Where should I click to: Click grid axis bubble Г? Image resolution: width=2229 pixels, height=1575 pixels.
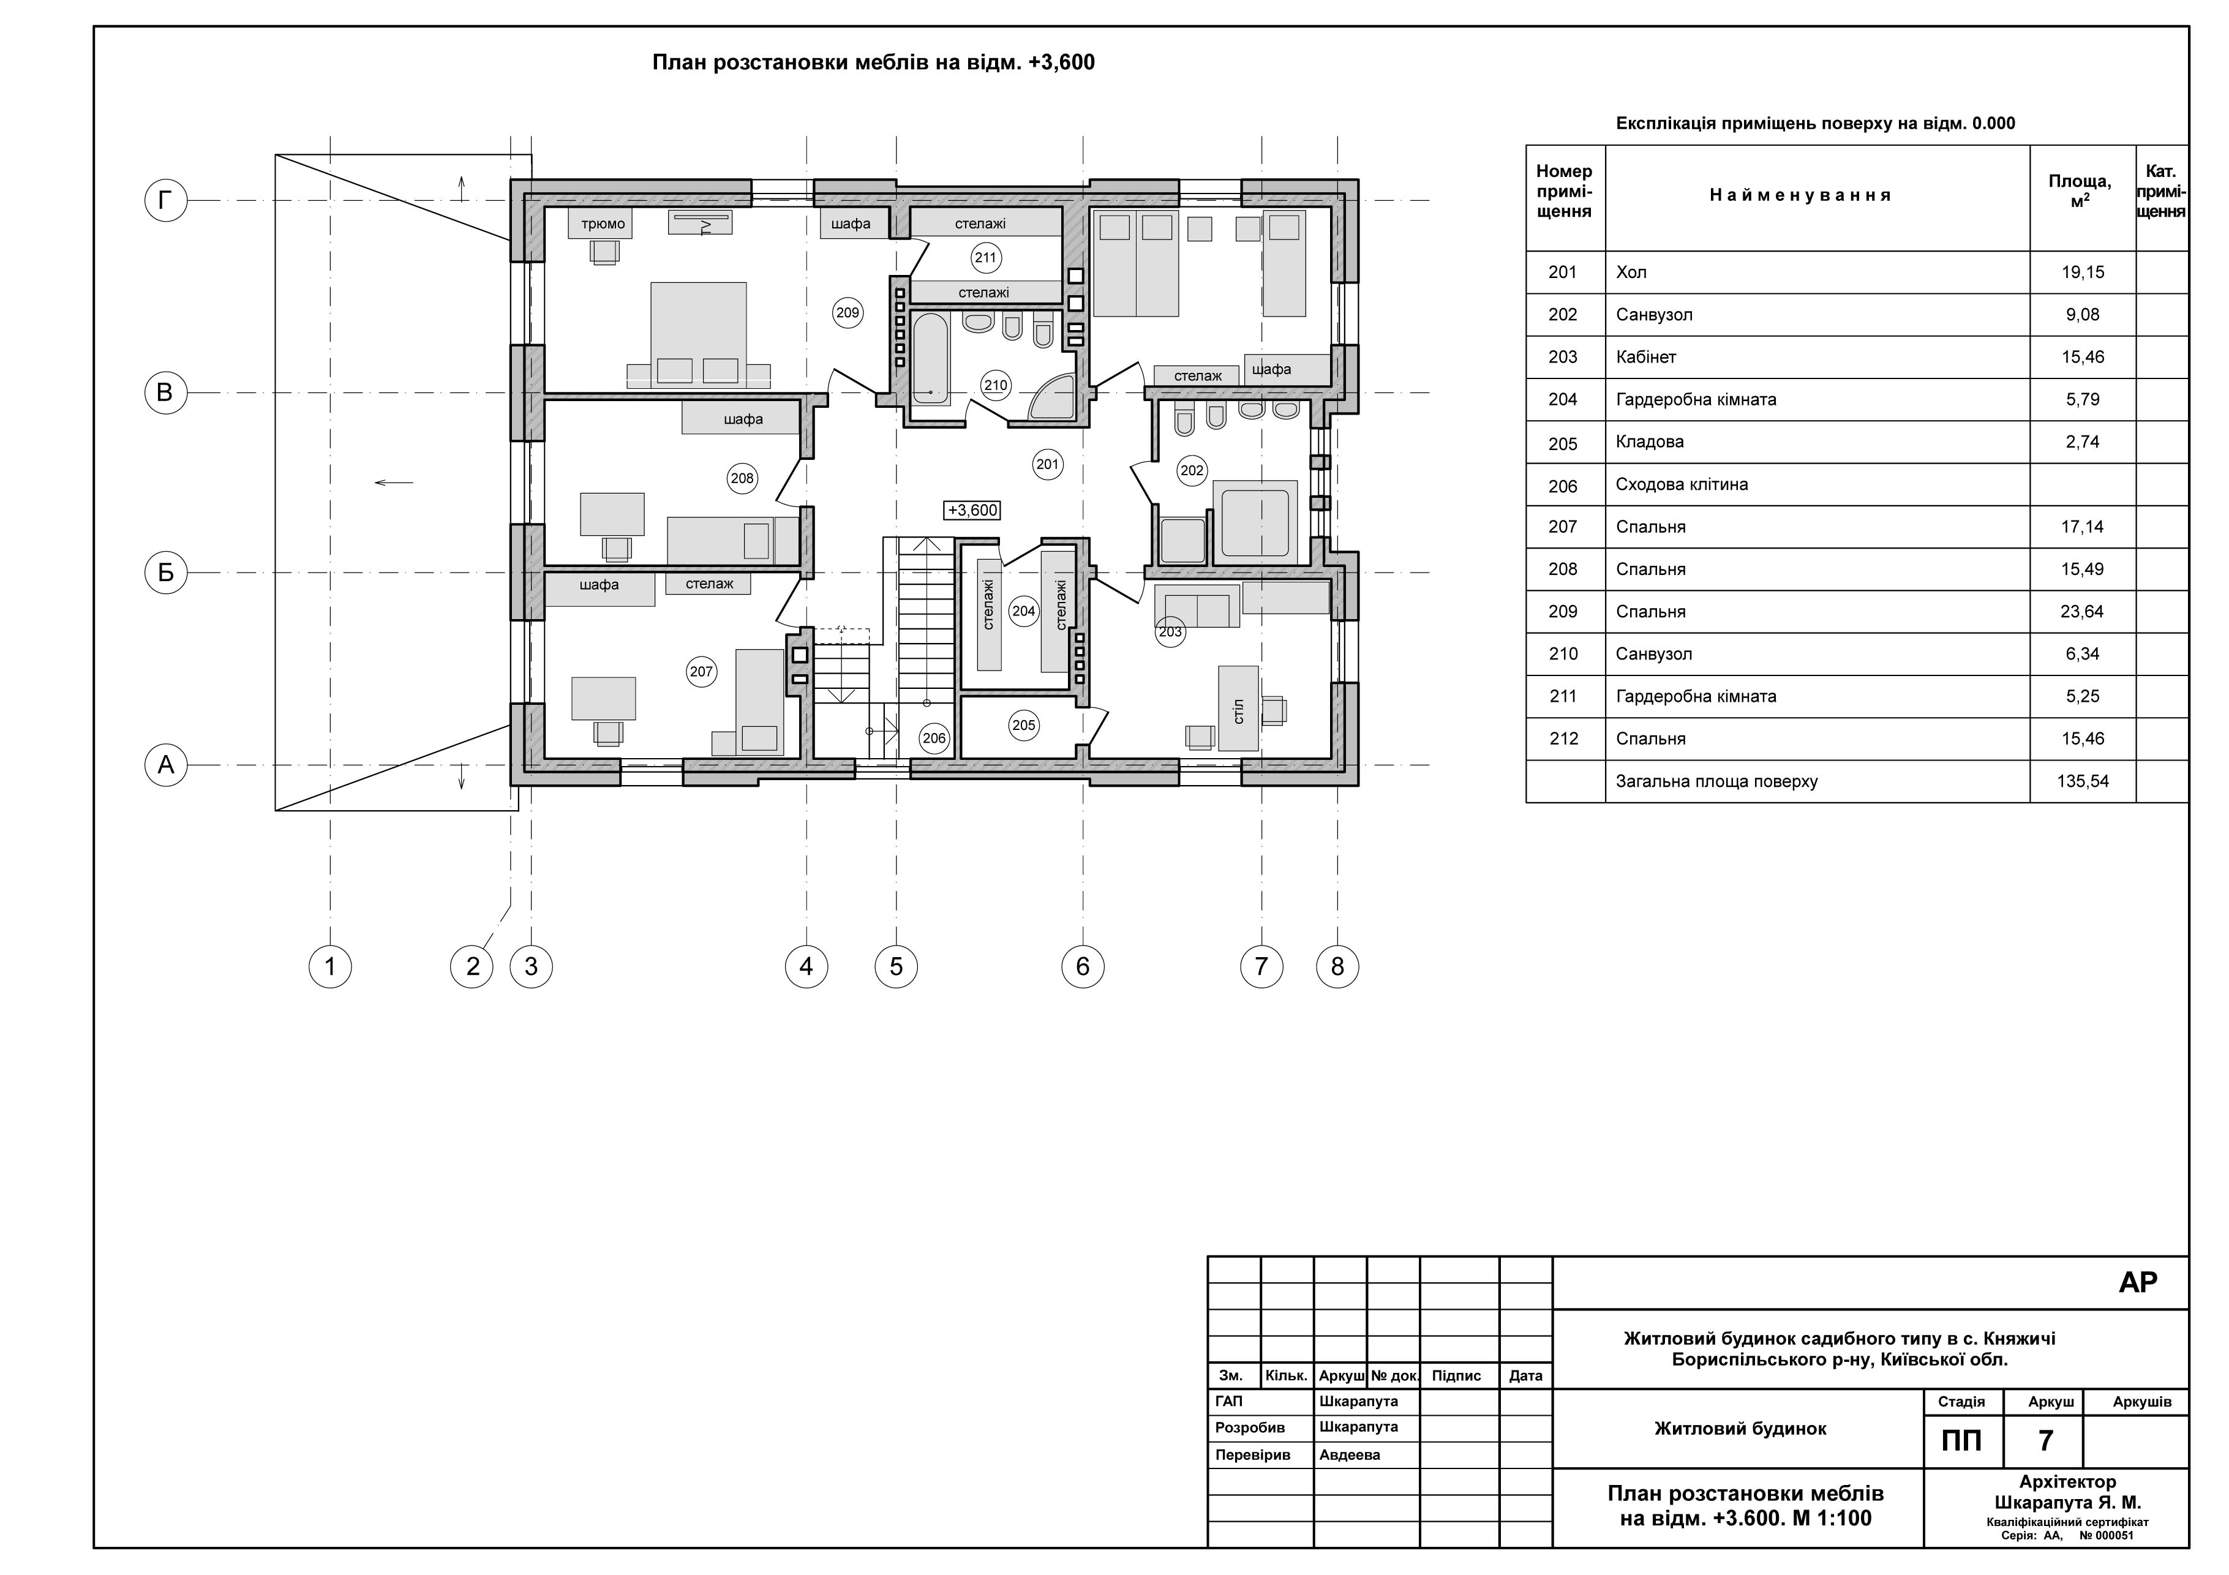[x=165, y=201]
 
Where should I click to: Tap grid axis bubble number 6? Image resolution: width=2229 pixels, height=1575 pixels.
[x=1083, y=966]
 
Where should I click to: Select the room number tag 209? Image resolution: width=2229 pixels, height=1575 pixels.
[x=848, y=313]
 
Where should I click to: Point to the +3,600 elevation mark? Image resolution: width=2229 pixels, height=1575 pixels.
[x=972, y=509]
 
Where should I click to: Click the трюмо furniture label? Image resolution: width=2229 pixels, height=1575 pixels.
[x=603, y=224]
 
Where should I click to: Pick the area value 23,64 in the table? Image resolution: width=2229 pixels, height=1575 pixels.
[x=2083, y=612]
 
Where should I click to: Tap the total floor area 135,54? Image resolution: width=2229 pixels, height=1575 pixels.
[x=2083, y=781]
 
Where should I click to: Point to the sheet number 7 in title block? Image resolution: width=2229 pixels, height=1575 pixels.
[x=2045, y=1440]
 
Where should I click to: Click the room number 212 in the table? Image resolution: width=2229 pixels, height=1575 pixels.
[x=1564, y=739]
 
